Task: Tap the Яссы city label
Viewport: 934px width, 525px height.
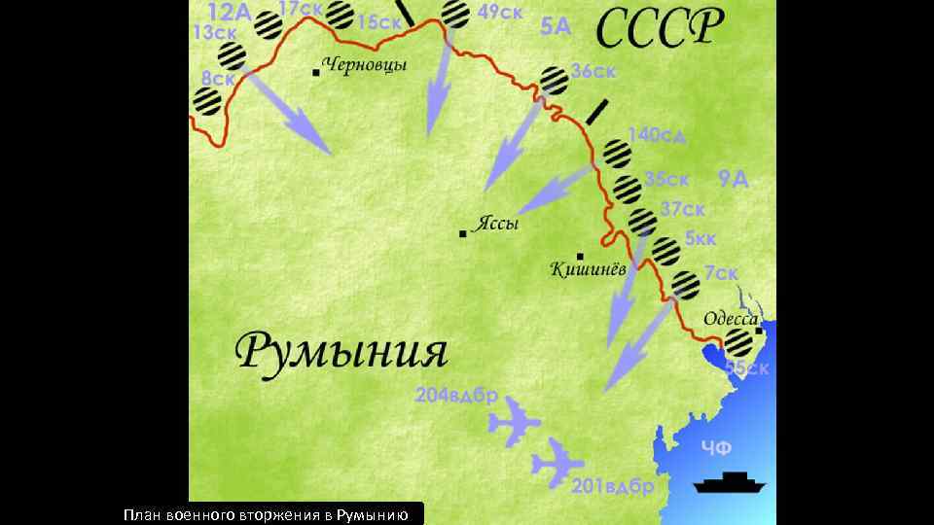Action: coord(496,224)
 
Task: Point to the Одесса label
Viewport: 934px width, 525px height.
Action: coord(731,318)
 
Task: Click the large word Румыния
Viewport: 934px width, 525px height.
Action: coord(342,352)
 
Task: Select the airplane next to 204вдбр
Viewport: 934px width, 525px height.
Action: coord(514,423)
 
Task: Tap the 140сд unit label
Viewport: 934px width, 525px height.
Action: coord(657,135)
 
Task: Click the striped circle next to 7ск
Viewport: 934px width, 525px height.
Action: coord(685,283)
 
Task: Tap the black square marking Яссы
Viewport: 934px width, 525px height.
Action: coord(463,233)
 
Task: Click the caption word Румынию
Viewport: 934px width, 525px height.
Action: coord(378,513)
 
